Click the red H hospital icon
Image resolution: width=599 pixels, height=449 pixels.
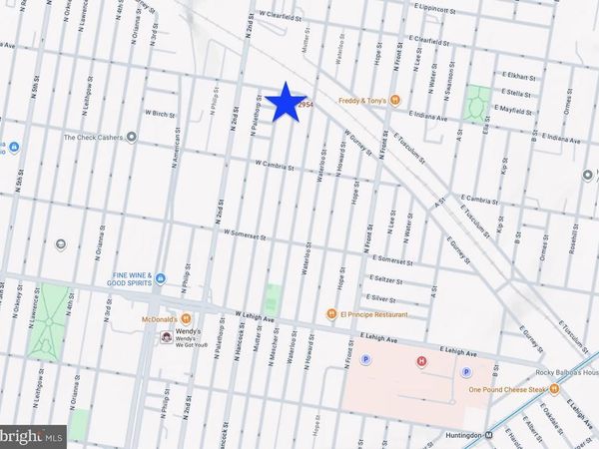click(420, 361)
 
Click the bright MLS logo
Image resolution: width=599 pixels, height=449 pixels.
click(33, 436)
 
